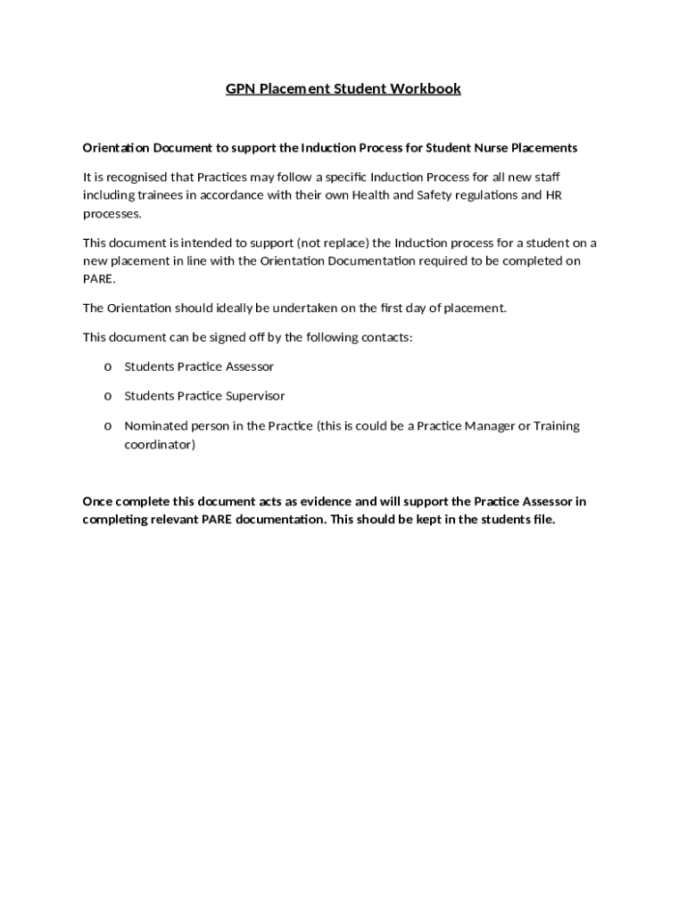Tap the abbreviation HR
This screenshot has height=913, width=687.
(x=553, y=195)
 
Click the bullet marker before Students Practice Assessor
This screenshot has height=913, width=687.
(x=108, y=367)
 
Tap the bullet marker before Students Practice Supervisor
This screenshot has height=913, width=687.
(x=108, y=397)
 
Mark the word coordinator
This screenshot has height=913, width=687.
(x=159, y=444)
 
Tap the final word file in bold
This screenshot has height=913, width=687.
(x=542, y=521)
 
